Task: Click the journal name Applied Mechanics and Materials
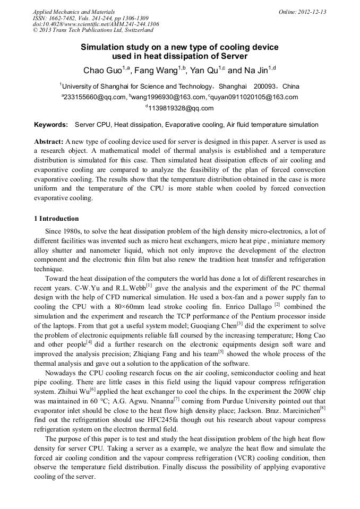click(73, 12)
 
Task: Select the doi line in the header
click(96, 24)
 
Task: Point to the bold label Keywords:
click(51, 125)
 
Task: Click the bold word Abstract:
click(49, 142)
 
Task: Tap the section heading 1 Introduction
click(56, 219)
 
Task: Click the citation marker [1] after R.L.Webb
click(149, 285)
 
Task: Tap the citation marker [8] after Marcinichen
click(322, 408)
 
